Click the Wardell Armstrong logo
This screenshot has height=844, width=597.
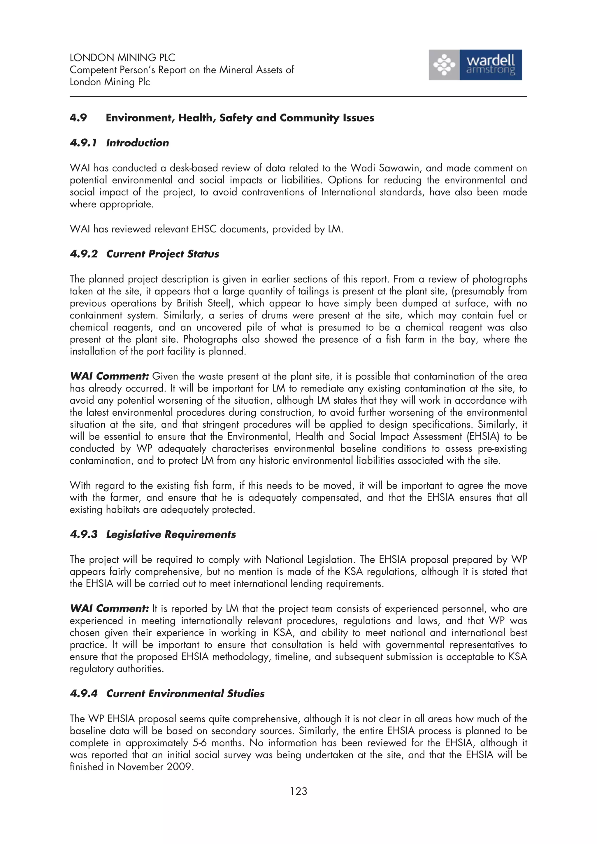(x=475, y=65)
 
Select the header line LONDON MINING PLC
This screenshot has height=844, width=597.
(x=122, y=58)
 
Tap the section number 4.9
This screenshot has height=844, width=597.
(x=78, y=118)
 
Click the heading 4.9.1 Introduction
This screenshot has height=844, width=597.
(x=119, y=143)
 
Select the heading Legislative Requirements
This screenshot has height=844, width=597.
(x=171, y=534)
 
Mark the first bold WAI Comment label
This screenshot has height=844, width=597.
(x=109, y=376)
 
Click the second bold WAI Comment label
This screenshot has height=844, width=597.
(x=109, y=609)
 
